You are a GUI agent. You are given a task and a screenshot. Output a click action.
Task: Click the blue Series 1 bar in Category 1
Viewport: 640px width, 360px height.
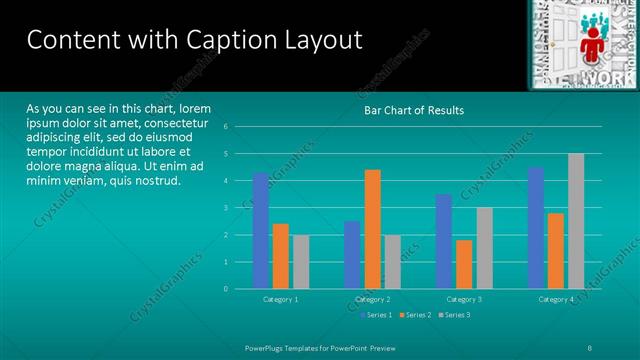261,230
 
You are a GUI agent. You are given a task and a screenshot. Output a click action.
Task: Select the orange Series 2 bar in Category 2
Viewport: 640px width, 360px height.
372,229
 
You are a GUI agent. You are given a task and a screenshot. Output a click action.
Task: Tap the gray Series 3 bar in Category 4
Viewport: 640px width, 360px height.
576,221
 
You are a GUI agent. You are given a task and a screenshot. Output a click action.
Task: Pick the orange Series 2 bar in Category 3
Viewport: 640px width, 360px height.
464,264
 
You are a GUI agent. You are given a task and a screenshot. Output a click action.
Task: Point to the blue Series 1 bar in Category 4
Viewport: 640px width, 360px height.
536,228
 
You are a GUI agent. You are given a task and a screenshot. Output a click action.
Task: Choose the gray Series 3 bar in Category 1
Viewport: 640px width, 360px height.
301,261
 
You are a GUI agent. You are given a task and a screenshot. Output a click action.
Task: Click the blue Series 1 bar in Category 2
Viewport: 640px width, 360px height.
352,254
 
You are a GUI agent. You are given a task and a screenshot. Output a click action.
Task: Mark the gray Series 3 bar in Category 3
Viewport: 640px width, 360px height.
484,248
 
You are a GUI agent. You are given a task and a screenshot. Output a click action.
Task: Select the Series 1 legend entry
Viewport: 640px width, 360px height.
376,315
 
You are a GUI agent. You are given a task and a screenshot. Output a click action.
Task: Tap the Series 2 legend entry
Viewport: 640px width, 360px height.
414,315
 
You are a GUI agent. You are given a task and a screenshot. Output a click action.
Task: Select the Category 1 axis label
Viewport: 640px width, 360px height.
281,299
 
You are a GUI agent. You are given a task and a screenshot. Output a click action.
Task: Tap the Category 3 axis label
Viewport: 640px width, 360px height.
464,299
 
